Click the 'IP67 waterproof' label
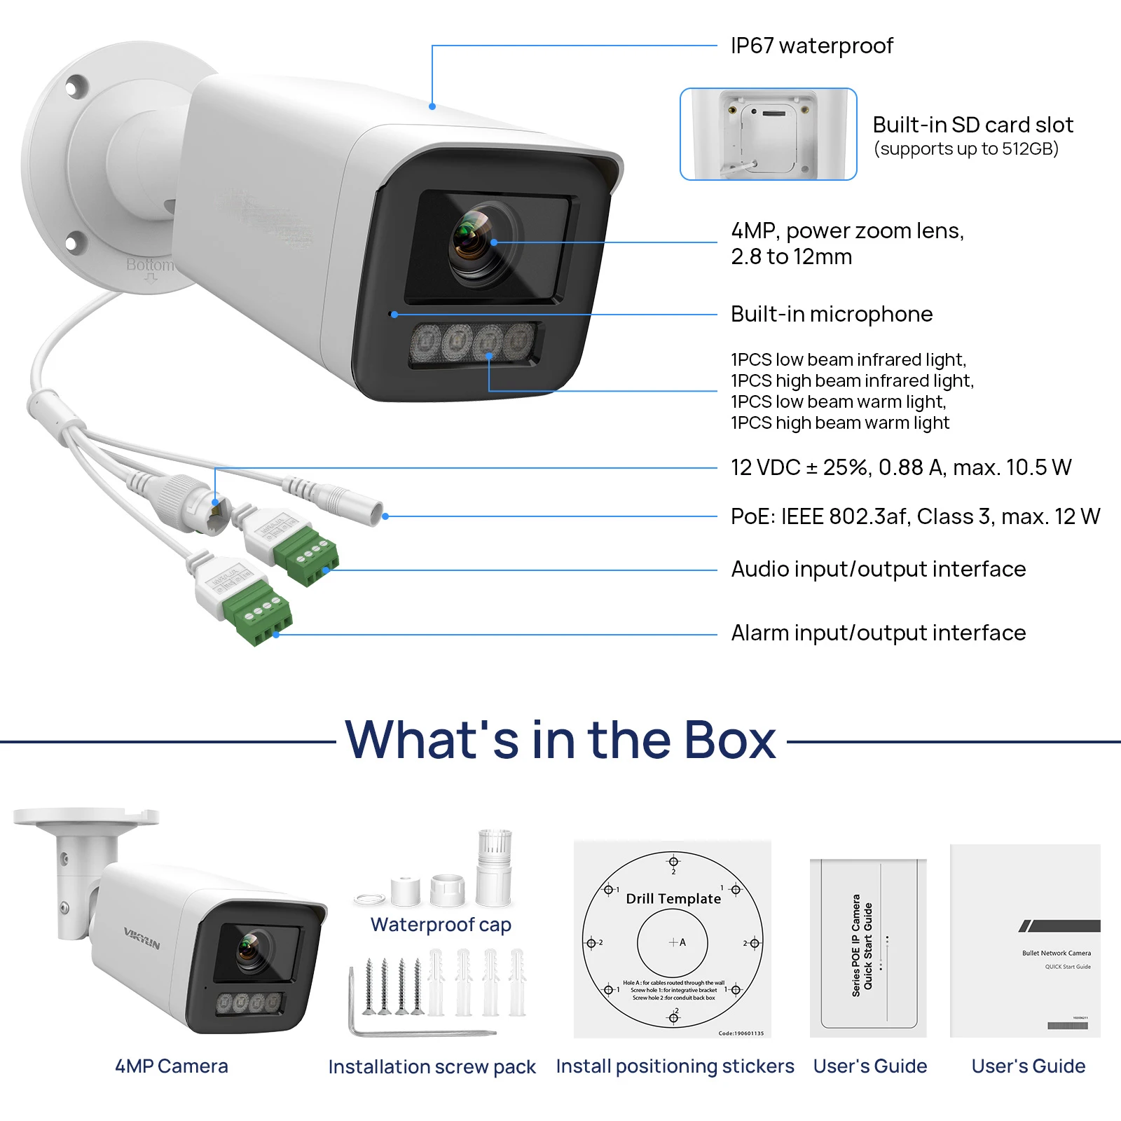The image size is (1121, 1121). click(811, 46)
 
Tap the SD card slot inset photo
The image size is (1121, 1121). click(768, 134)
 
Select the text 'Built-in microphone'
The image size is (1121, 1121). click(831, 314)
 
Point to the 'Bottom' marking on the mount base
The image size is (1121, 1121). click(149, 265)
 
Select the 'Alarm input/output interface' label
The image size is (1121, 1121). click(878, 633)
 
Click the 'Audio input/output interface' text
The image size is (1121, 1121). click(878, 569)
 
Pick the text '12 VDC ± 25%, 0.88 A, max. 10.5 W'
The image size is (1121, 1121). click(900, 467)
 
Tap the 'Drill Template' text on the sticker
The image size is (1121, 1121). click(673, 899)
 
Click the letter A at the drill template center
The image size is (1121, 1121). click(682, 942)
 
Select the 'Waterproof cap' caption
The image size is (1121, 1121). click(441, 925)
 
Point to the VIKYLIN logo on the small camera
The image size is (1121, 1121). click(142, 938)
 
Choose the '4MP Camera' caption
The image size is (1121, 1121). click(172, 1066)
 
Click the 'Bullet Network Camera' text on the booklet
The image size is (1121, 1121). click(1056, 953)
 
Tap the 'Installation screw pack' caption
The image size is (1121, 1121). click(432, 1067)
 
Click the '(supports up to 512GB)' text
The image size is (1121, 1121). click(965, 149)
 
